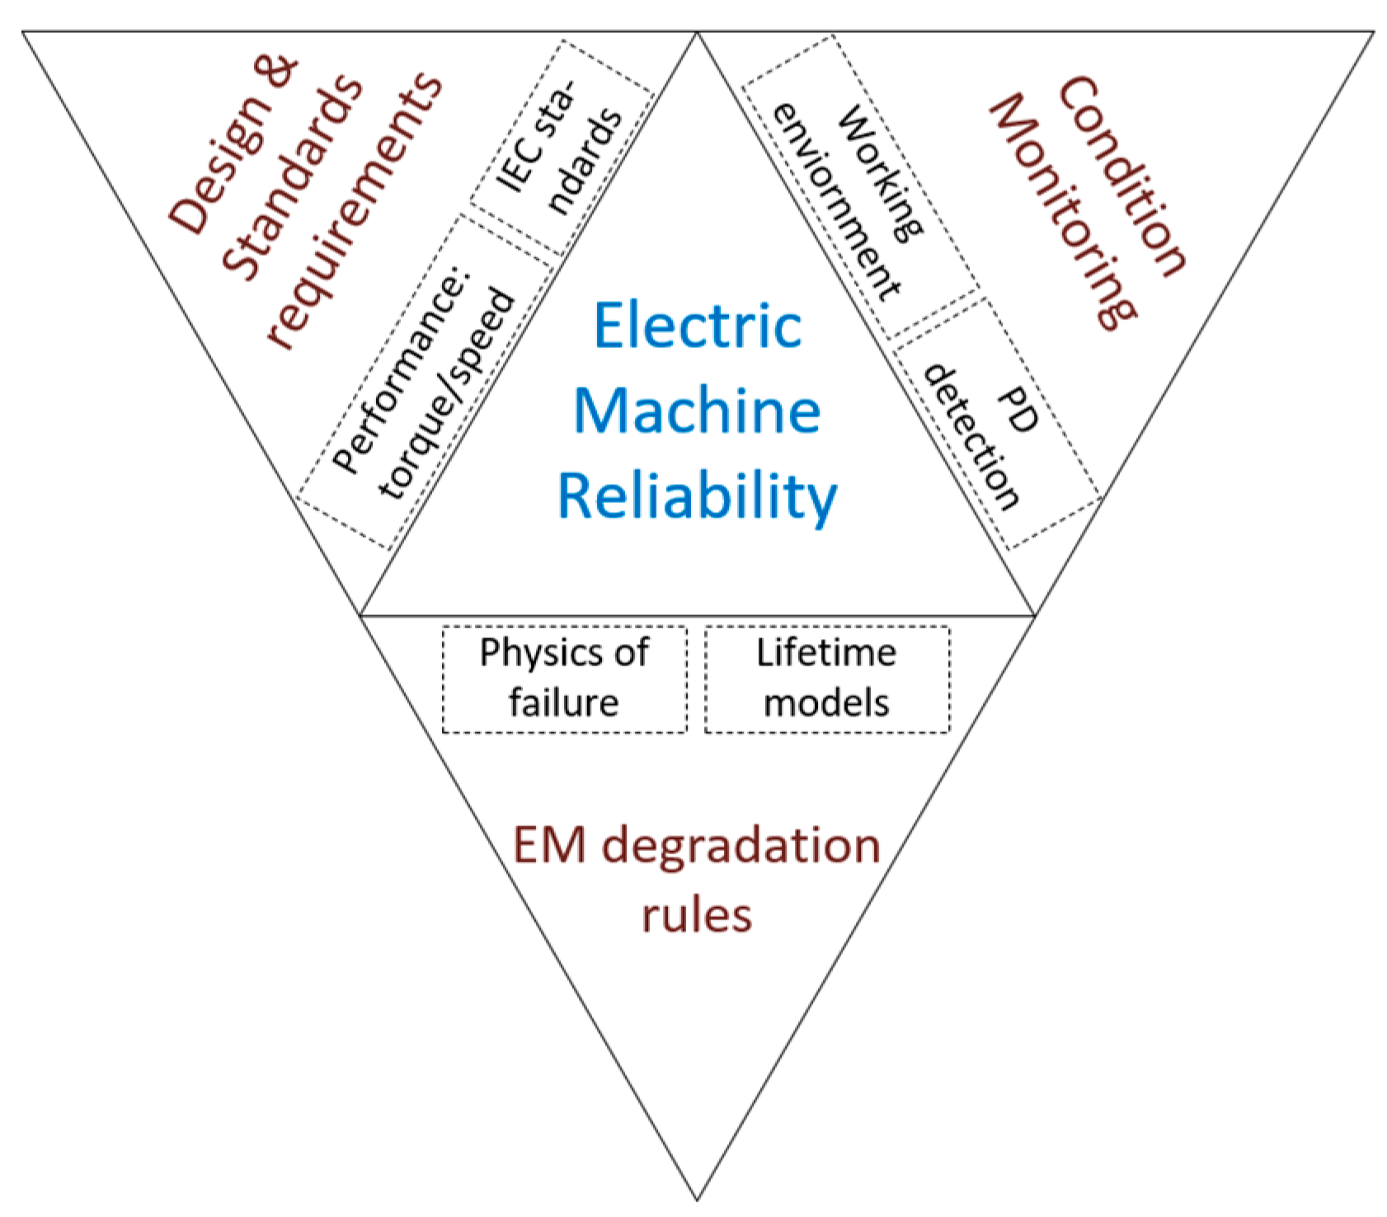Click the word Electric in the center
coord(698,326)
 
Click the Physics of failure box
coord(564,679)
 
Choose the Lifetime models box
coord(826,679)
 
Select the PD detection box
coord(997,424)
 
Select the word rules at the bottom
coord(697,914)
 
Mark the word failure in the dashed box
coord(564,703)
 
